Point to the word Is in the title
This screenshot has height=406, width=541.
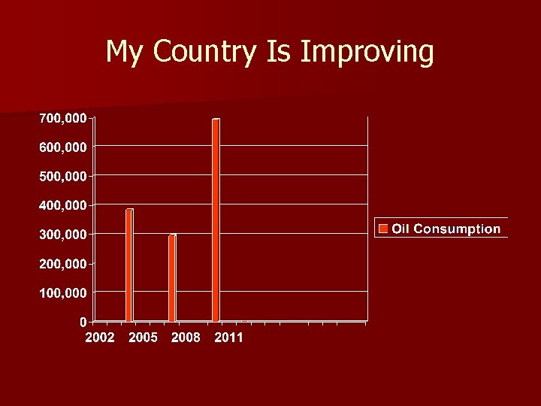[281, 51]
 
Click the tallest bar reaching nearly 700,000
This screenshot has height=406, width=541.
[216, 220]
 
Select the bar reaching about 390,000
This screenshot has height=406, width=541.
[129, 265]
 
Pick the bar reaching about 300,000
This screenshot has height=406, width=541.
[173, 277]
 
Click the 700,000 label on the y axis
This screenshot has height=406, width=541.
[63, 117]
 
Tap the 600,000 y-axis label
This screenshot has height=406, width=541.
[63, 147]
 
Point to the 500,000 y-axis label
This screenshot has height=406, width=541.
[63, 176]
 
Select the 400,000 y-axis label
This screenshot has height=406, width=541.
[63, 205]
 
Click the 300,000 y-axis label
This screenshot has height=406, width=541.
[63, 235]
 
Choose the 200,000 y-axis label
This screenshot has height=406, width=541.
[63, 264]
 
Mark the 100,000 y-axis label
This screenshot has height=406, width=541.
[63, 292]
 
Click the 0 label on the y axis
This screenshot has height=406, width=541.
[83, 322]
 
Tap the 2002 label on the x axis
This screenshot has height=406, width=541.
[100, 338]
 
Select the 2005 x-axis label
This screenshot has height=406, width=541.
[143, 338]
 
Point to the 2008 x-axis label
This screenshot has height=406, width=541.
[186, 338]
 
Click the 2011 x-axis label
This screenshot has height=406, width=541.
[228, 338]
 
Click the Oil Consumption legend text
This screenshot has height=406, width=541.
[446, 229]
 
